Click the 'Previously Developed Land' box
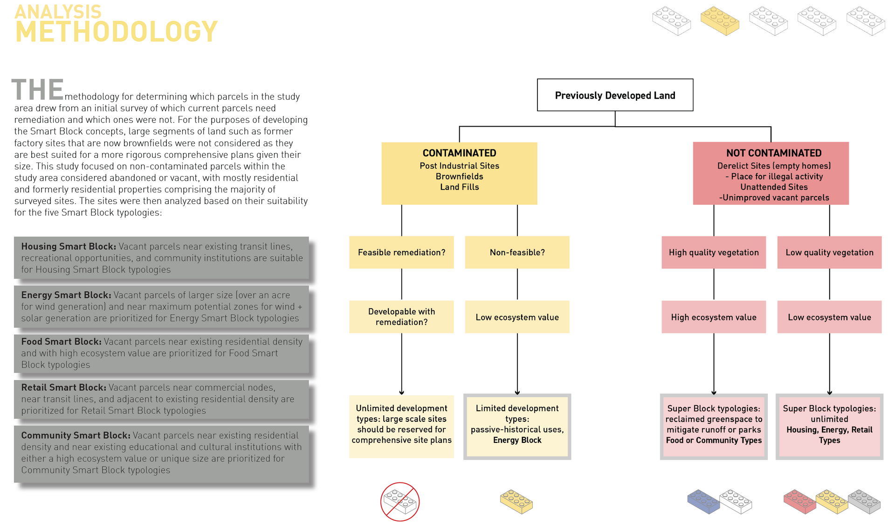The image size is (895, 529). pos(615,95)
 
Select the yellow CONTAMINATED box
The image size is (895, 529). pos(459,173)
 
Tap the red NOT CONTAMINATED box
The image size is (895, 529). pos(771,173)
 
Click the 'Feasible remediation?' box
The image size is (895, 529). pos(401,252)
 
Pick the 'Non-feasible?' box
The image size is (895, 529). pos(517,252)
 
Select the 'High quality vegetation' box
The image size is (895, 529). pos(714,252)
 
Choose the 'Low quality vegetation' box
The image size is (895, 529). pos(829,252)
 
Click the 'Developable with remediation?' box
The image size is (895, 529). pos(401,317)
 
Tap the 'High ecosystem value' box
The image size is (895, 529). pos(714,317)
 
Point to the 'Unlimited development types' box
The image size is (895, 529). pos(401,427)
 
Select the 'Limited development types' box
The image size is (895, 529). pos(517,427)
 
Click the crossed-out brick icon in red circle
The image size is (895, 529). pos(400,502)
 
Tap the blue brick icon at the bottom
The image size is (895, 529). pos(703,502)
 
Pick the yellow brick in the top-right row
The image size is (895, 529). pos(720,21)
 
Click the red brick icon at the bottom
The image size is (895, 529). pos(800,502)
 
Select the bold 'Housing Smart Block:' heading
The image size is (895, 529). pos(69,246)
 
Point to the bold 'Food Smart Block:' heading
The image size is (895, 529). pos(61,341)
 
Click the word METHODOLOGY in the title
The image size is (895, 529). pos(117,32)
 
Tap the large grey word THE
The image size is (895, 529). pos(37,89)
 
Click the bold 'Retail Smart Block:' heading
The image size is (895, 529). pos(63,387)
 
